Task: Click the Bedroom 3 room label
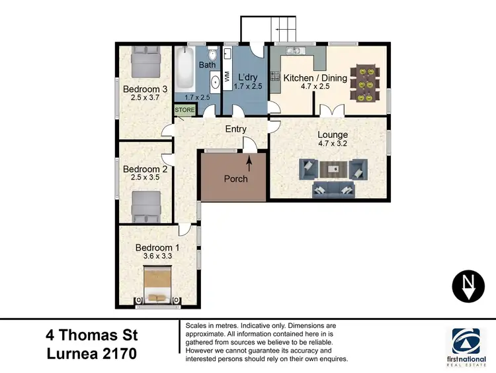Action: point(144,89)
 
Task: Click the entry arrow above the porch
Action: point(250,160)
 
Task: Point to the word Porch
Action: point(235,179)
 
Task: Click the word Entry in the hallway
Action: point(235,129)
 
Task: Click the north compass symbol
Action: point(468,286)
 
